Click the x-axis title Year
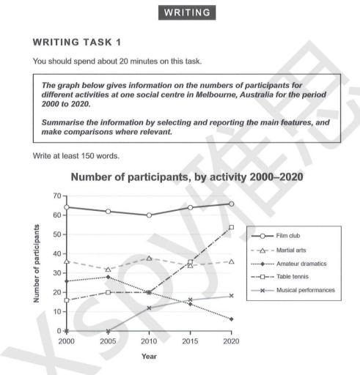149,359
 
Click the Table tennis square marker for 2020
232,227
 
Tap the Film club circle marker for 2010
150,215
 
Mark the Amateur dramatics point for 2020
232,319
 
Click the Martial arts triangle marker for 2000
67,261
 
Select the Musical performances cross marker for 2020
232,296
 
